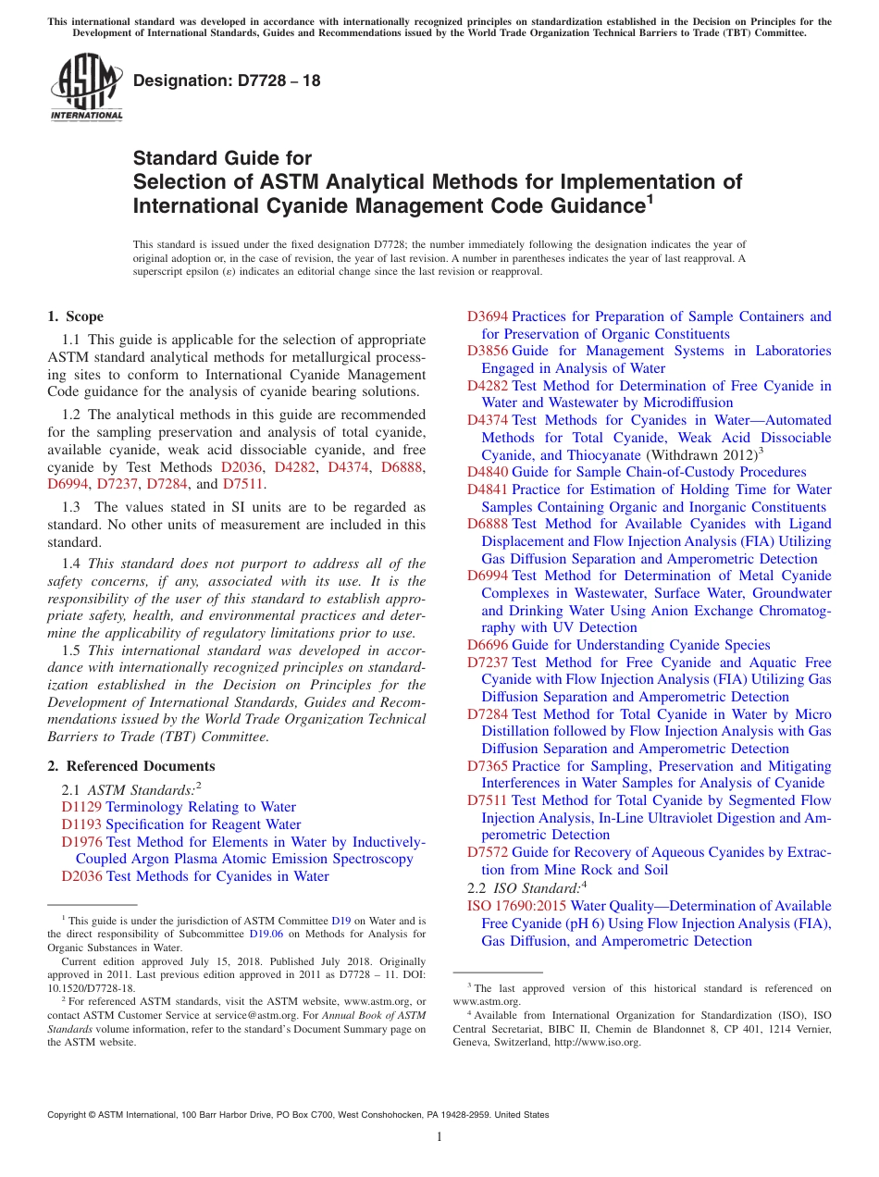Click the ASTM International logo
click(85, 87)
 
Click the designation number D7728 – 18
click(227, 81)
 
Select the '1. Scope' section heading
click(76, 316)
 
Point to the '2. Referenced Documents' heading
click(131, 766)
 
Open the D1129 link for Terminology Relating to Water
click(81, 807)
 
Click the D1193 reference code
click(81, 824)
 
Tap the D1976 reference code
click(81, 842)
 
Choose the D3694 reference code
click(487, 316)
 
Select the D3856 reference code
click(487, 351)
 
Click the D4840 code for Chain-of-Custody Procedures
click(487, 472)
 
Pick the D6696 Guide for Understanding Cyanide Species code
click(487, 645)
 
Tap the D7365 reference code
click(487, 766)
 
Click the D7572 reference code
click(487, 852)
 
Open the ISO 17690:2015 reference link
click(516, 905)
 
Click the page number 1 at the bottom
click(439, 1137)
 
